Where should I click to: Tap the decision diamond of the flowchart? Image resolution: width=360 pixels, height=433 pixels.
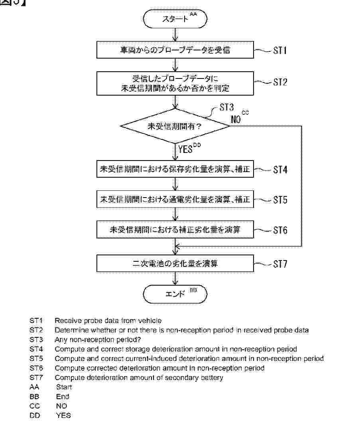coord(175,126)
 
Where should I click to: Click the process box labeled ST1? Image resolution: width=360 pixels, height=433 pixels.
coord(175,51)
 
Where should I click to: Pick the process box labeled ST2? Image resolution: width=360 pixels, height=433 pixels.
coord(175,83)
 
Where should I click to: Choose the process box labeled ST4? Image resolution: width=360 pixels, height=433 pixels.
coord(175,170)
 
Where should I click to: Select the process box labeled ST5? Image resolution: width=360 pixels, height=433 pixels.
coord(175,200)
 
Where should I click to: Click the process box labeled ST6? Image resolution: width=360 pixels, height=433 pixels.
coord(175,230)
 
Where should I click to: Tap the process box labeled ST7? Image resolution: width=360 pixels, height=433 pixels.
coord(175,264)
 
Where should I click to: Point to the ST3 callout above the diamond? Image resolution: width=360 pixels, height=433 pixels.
coord(226,108)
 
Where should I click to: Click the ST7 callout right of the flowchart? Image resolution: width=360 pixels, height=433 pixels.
coord(280,264)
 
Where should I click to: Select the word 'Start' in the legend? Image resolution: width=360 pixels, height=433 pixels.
coord(64,387)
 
